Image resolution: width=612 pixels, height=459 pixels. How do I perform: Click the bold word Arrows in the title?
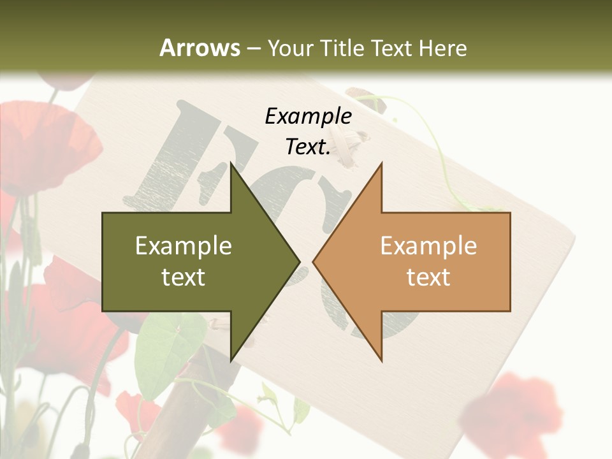[200, 48]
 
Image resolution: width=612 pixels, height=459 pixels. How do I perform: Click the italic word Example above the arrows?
[308, 117]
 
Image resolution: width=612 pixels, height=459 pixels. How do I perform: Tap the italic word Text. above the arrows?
[308, 147]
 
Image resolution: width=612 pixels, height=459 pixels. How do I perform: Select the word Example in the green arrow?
[184, 245]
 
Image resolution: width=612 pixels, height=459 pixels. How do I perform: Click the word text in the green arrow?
[184, 277]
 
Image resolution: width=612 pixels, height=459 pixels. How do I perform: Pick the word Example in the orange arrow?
[428, 245]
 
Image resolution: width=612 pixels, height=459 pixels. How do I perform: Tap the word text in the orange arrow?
[428, 277]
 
